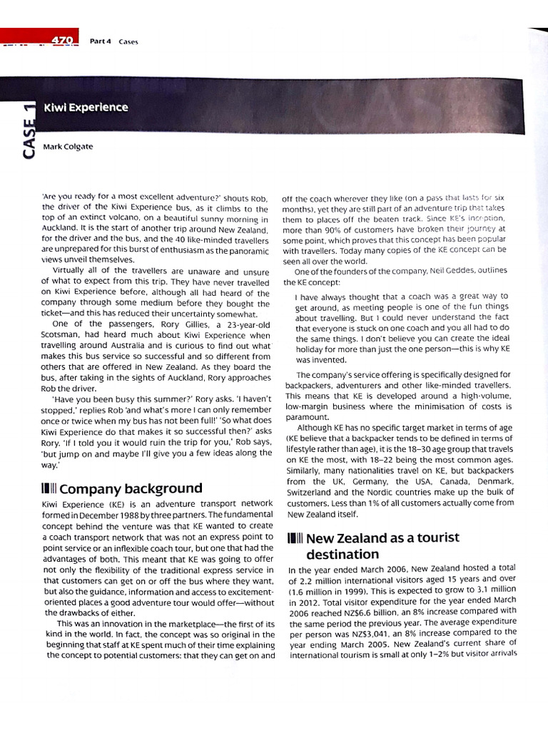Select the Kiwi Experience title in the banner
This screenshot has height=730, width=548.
click(x=86, y=108)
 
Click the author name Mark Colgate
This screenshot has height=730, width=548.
click(x=68, y=147)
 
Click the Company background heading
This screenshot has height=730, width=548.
click(x=131, y=489)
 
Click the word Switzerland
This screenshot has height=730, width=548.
click(x=313, y=493)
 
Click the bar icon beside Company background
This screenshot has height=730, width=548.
click(x=51, y=489)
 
